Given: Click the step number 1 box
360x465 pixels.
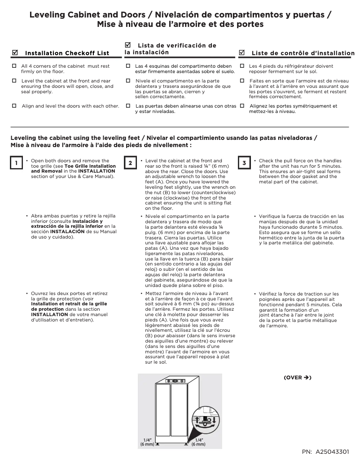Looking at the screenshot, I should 16,163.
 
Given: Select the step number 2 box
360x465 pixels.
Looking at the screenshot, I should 130,163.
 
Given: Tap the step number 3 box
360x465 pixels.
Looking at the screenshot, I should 244,163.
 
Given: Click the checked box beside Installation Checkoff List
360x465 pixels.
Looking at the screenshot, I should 15,52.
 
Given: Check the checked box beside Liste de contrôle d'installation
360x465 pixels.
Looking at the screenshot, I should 242,52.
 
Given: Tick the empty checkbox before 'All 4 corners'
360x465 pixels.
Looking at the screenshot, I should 14,66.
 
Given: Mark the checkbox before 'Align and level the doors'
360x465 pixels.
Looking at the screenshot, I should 14,106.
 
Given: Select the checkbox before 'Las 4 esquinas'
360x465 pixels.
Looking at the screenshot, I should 128,66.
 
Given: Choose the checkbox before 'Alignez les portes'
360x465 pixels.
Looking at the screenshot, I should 242,106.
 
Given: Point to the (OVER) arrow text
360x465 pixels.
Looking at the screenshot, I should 297,378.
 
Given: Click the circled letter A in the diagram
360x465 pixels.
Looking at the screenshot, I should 205,424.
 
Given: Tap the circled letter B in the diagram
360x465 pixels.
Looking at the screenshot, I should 208,419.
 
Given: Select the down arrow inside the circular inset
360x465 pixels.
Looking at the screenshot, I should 215,421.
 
